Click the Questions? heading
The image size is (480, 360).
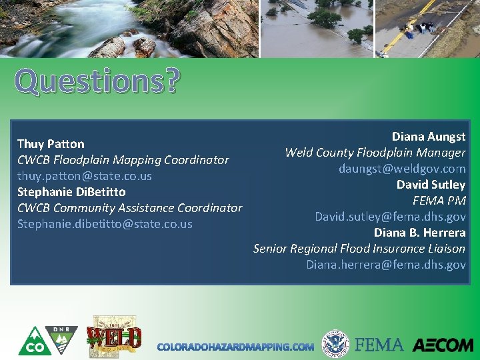point(97,82)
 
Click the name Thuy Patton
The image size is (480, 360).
point(51,144)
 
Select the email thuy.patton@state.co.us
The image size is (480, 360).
point(85,176)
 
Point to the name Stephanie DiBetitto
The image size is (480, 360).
point(71,192)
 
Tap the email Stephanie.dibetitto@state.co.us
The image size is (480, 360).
point(105,224)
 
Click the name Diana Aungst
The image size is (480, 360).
point(428,137)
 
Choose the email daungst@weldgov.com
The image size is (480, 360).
point(402,169)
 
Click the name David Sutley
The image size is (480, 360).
point(431,185)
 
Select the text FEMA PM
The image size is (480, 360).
point(439,201)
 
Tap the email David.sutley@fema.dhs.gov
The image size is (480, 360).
point(390,217)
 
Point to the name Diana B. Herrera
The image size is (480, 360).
point(419,233)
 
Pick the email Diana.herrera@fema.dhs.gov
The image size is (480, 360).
point(386,265)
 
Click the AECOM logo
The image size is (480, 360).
point(443,345)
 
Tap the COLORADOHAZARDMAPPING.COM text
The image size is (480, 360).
point(235,347)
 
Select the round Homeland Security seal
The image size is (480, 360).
point(335,344)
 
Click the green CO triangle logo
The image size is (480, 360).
point(31,341)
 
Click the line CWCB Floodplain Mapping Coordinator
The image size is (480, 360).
point(123,160)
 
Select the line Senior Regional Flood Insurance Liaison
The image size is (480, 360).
point(359,249)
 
